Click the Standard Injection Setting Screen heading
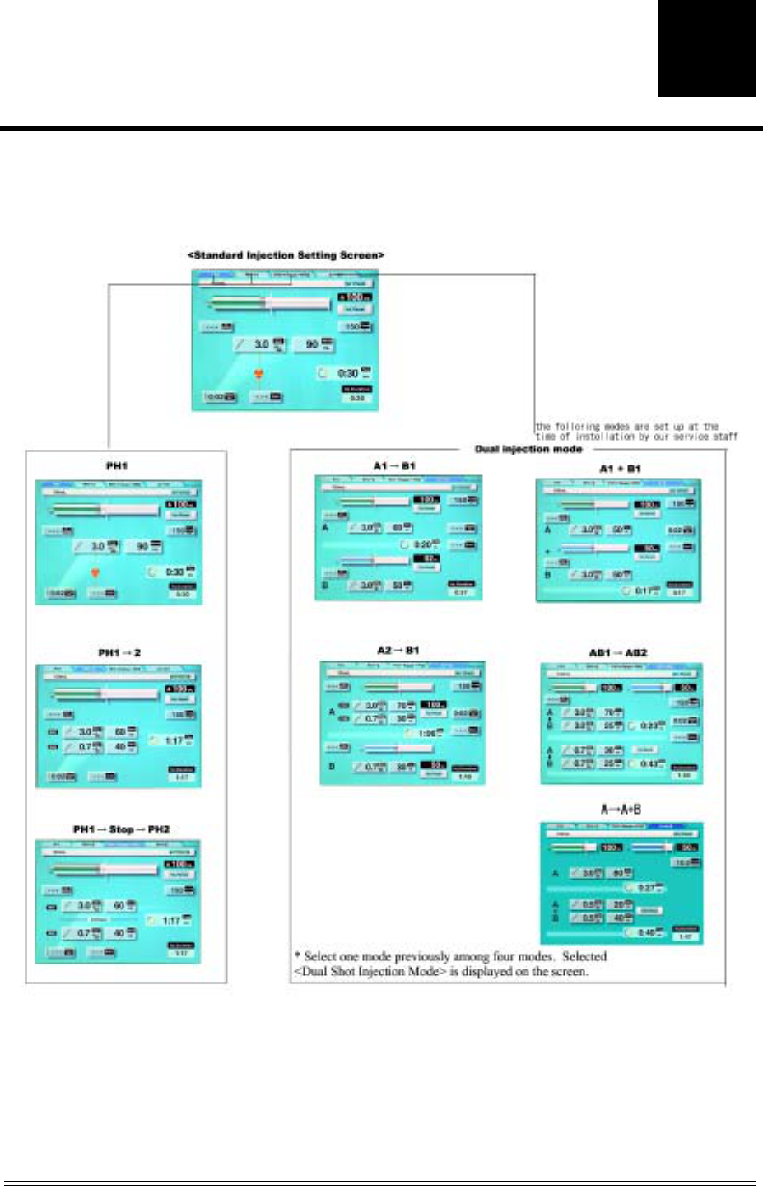click(x=286, y=255)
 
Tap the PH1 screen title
click(x=117, y=466)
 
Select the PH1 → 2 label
click(x=119, y=652)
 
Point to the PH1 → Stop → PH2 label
click(x=121, y=829)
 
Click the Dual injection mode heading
click(x=528, y=449)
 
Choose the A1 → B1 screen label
click(x=394, y=466)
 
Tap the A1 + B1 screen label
click(x=620, y=468)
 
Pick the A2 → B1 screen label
click(x=398, y=651)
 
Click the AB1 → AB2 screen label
click(x=618, y=652)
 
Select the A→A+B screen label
click(x=621, y=810)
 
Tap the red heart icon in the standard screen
click(x=259, y=374)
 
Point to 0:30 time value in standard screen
click(x=347, y=373)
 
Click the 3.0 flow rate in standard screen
click(x=261, y=344)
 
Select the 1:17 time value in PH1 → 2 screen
click(x=174, y=740)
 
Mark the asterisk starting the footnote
click(x=297, y=955)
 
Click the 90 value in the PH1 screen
click(x=142, y=546)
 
